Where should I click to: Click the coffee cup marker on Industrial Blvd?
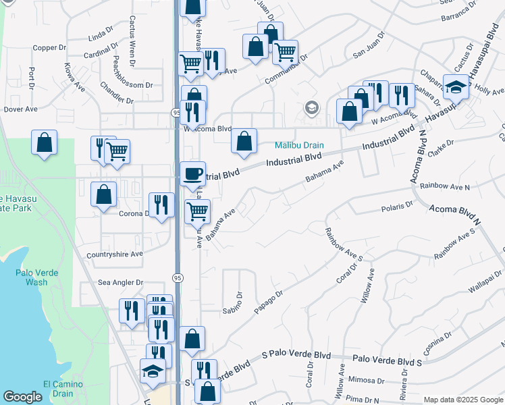point(192,174)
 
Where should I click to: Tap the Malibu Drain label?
point(299,145)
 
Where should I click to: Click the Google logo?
point(22,397)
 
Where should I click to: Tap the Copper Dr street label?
point(49,48)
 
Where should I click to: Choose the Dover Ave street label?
point(20,109)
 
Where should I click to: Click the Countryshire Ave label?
point(115,254)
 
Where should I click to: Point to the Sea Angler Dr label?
point(121,283)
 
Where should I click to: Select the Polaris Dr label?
point(396,205)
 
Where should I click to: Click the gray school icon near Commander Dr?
point(311,107)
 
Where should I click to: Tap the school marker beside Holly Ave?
point(456,87)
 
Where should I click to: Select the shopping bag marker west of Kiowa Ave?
point(44,142)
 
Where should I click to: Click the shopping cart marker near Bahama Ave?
point(197,211)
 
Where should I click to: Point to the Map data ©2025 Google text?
point(463,400)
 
